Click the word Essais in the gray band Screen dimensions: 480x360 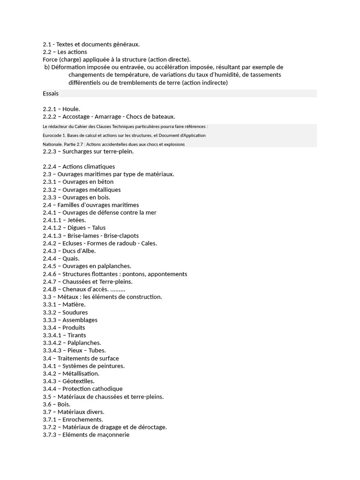[51, 94]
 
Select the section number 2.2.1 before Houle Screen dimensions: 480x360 [50, 109]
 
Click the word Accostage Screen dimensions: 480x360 [76, 116]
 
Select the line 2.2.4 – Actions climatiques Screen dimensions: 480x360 [79, 166]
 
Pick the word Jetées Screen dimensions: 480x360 [77, 220]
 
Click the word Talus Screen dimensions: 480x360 [99, 228]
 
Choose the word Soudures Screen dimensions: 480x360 [75, 312]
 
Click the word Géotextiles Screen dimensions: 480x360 [78, 381]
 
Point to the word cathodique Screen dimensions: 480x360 [106, 389]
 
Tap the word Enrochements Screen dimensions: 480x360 [83, 420]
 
